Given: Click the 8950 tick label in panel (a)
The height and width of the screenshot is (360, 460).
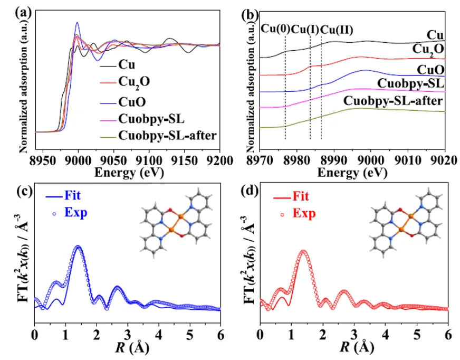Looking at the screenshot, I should pos(43,159).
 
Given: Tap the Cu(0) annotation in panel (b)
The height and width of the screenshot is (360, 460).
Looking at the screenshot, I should pos(275,29).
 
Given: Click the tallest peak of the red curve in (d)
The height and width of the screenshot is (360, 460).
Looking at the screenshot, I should pos(303,251).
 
